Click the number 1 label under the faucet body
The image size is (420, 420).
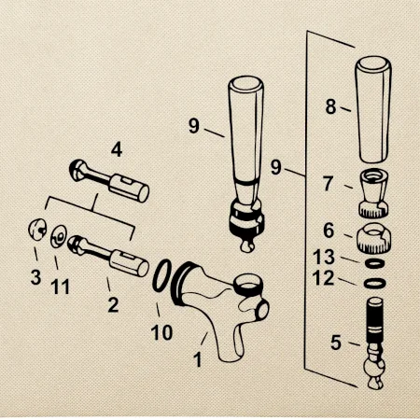click(198, 359)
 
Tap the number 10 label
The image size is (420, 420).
click(161, 332)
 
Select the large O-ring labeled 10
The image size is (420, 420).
click(161, 275)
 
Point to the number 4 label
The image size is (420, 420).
click(117, 150)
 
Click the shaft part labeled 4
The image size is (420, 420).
click(109, 181)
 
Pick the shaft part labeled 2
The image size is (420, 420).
click(108, 256)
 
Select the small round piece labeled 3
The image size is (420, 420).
click(37, 230)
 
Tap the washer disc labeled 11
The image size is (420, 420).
click(59, 237)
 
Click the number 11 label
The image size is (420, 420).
click(60, 287)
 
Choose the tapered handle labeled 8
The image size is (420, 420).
click(373, 109)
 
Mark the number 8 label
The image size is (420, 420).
click(330, 106)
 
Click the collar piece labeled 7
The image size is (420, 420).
click(374, 193)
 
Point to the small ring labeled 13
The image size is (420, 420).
click(374, 263)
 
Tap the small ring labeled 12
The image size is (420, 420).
click(374, 284)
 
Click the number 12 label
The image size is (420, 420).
click(323, 278)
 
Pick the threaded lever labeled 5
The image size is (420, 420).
click(374, 343)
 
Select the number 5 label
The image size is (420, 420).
click(336, 343)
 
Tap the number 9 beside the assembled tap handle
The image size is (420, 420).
click(193, 126)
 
